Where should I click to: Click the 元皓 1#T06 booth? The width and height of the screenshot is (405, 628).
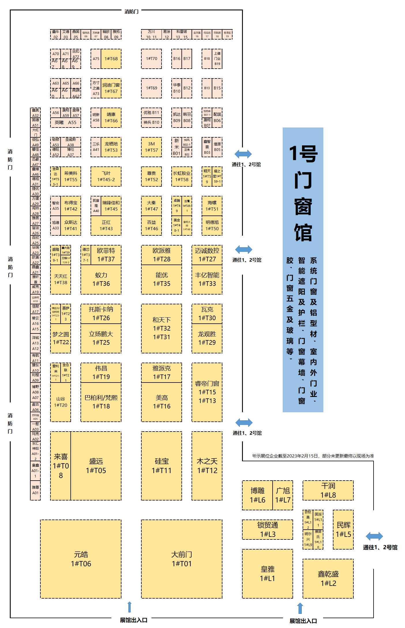tap(81, 559)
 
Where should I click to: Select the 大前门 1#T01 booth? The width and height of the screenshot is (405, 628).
tap(182, 559)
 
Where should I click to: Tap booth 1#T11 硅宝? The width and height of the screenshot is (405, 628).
tap(162, 466)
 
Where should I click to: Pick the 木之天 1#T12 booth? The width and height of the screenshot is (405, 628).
tap(207, 466)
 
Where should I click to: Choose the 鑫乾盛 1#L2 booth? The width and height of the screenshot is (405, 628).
tap(328, 578)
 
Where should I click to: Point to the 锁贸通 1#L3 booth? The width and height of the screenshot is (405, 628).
tap(267, 529)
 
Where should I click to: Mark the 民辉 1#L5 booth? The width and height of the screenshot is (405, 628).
tap(343, 529)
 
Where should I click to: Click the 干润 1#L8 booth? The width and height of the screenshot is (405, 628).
tap(328, 490)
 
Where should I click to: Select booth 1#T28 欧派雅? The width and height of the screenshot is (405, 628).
tap(162, 255)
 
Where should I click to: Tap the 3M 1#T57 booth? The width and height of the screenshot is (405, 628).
tap(151, 147)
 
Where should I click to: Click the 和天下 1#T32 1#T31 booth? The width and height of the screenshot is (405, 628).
tap(162, 328)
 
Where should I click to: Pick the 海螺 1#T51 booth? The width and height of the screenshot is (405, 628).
tap(212, 206)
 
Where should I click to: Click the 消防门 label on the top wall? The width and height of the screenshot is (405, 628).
tap(132, 12)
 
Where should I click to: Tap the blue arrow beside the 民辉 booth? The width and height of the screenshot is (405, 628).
tap(374, 536)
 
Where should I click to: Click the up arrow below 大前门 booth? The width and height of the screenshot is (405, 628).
tap(130, 607)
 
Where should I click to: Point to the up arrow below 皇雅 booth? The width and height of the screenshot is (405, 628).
tap(300, 608)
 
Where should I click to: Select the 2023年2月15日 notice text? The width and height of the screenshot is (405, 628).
tap(313, 456)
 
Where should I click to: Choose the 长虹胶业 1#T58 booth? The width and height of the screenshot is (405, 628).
tap(182, 176)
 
